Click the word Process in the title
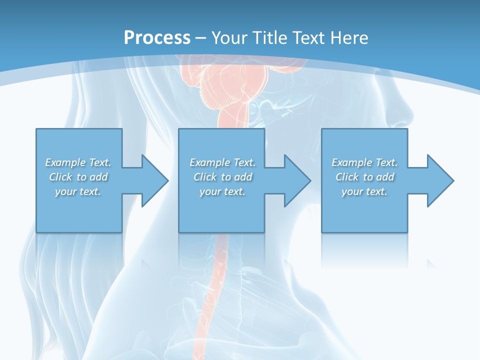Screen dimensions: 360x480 [157, 37]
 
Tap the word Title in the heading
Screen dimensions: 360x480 [268, 37]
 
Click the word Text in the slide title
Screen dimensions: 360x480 [308, 37]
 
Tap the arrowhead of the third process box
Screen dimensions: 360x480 [439, 180]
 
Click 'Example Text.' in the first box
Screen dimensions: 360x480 [78, 162]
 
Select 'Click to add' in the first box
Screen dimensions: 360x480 [78, 177]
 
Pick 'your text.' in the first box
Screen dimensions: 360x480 [78, 191]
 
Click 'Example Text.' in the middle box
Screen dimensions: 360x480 [222, 162]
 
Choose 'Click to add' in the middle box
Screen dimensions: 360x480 [222, 177]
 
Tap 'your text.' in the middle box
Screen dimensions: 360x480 [222, 191]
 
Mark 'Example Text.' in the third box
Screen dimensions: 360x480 [364, 162]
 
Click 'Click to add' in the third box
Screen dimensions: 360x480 [364, 177]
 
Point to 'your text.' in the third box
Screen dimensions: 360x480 [364, 191]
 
